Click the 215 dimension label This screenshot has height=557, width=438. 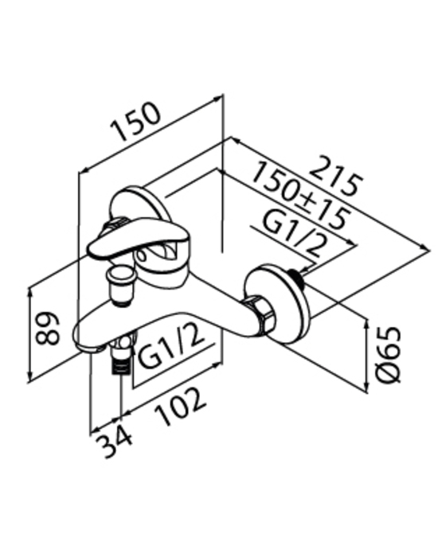coord(336,176)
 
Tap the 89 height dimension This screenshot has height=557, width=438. coord(47,329)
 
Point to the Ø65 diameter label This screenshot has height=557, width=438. coord(389,355)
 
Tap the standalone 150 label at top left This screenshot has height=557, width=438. coord(135,122)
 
